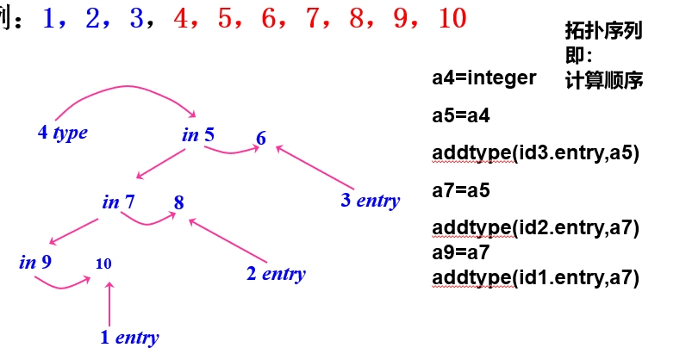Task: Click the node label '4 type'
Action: point(63,133)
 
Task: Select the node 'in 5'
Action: point(198,134)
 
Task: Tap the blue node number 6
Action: point(261,140)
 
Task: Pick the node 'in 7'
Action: point(118,202)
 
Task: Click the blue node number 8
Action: point(178,203)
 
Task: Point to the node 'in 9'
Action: point(35,261)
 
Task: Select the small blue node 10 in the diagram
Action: point(104,264)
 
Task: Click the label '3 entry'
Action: point(370,201)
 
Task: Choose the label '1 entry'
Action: point(129,338)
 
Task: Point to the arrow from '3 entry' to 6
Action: point(315,168)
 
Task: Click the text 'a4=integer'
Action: point(483,78)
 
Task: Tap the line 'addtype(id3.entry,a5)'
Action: point(535,153)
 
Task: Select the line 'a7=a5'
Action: point(461,190)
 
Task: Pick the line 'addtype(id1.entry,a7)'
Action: point(535,277)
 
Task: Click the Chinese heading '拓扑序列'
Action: point(603,31)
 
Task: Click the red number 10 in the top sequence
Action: point(452,17)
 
